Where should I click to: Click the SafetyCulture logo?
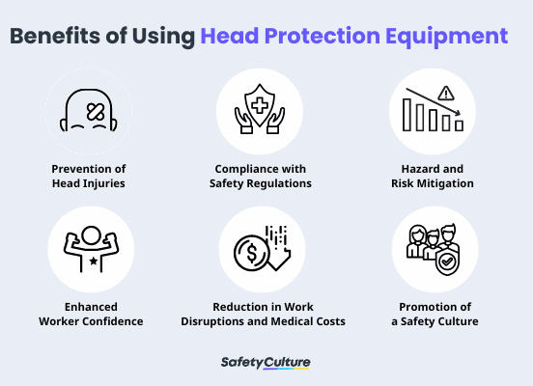pyautogui.click(x=266, y=363)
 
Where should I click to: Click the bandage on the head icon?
pyautogui.click(x=96, y=111)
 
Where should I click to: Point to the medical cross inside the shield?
pyautogui.click(x=260, y=105)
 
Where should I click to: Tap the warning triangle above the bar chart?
pyautogui.click(x=446, y=93)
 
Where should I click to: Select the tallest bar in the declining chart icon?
pyautogui.click(x=407, y=115)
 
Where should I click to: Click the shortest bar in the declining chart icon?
pyautogui.click(x=460, y=125)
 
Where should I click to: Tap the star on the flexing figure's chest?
pyautogui.click(x=93, y=261)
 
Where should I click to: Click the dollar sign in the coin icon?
pyautogui.click(x=252, y=254)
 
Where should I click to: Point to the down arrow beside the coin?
pyautogui.click(x=279, y=259)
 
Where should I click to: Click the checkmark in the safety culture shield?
pyautogui.click(x=447, y=262)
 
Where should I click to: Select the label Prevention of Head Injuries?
pyautogui.click(x=89, y=176)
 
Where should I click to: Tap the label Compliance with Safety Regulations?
pyautogui.click(x=261, y=176)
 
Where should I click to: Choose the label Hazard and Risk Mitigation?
pyautogui.click(x=433, y=176)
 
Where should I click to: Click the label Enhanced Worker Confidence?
pyautogui.click(x=91, y=314)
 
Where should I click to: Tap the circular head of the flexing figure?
pyautogui.click(x=91, y=235)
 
